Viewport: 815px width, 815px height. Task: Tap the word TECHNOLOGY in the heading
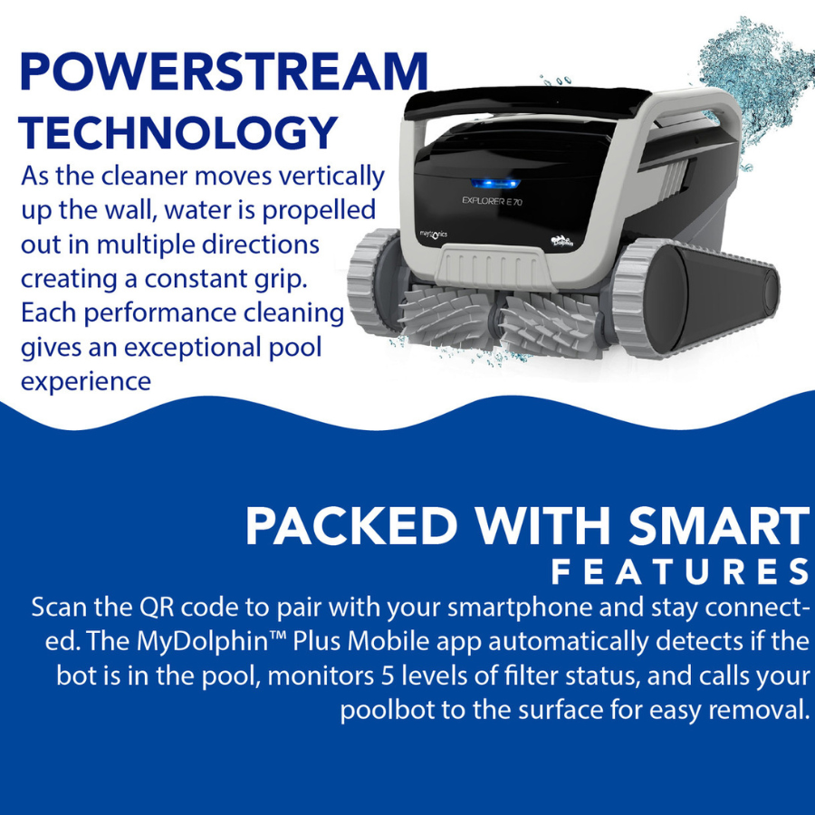[x=178, y=132]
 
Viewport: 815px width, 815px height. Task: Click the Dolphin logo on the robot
[x=558, y=239]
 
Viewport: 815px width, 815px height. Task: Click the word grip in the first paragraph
[x=298, y=279]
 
